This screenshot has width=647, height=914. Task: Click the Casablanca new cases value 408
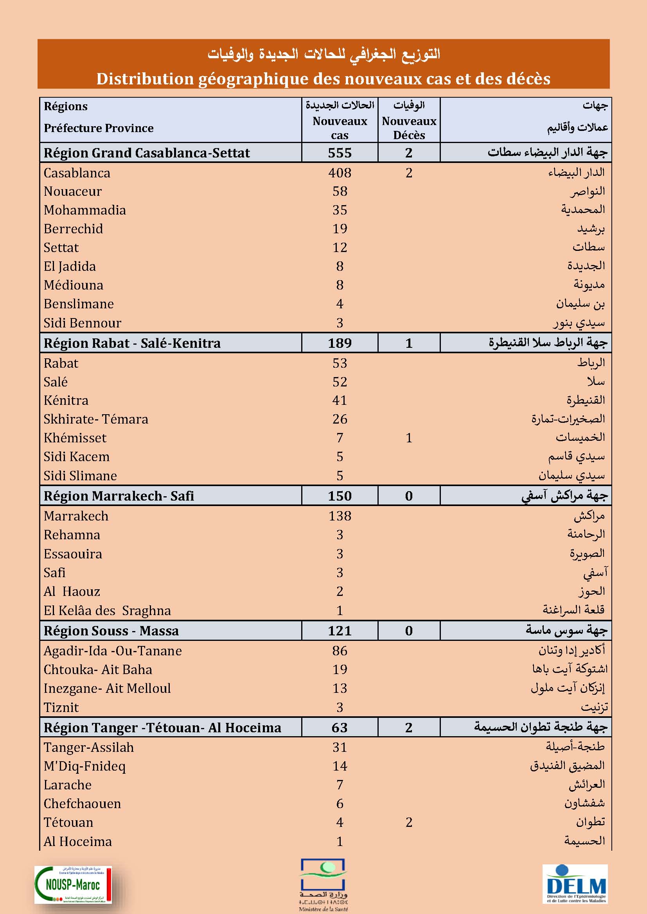click(340, 173)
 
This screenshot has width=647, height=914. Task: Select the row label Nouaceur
click(72, 191)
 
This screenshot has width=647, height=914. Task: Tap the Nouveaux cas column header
click(340, 127)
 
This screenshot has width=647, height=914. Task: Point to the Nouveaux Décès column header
click(409, 127)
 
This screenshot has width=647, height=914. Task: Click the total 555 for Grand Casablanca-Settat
click(340, 153)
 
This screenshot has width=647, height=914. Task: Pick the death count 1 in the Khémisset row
click(409, 438)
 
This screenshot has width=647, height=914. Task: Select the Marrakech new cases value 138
click(340, 516)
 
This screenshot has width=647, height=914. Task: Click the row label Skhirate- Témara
click(95, 419)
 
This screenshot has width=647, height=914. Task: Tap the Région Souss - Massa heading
click(111, 631)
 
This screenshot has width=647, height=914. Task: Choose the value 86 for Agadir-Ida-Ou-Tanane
click(340, 651)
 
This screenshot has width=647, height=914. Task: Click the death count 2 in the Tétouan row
click(409, 822)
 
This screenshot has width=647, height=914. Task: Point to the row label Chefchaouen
click(82, 803)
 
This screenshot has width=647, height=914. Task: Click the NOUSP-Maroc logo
click(73, 884)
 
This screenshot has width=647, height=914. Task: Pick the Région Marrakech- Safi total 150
click(340, 495)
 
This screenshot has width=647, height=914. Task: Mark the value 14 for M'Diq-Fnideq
click(340, 766)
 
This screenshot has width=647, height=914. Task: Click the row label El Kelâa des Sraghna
click(107, 610)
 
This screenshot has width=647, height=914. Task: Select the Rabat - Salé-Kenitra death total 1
click(409, 343)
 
